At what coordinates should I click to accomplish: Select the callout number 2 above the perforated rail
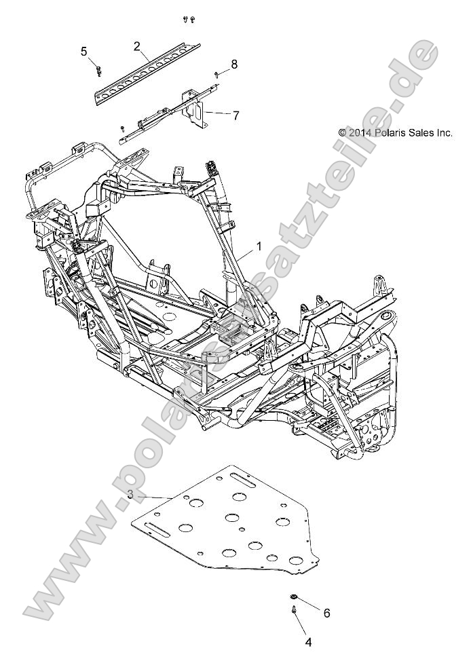[x=137, y=46]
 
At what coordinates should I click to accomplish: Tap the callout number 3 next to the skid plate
[x=130, y=495]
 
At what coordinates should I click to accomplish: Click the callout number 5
[x=84, y=52]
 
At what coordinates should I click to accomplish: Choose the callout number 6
[x=326, y=613]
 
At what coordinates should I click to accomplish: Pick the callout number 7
[x=235, y=115]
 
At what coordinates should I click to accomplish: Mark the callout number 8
[x=234, y=64]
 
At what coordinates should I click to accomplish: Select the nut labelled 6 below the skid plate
[x=294, y=597]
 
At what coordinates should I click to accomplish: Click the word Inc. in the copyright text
[x=444, y=133]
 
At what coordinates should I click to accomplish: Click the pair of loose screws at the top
[x=189, y=20]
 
